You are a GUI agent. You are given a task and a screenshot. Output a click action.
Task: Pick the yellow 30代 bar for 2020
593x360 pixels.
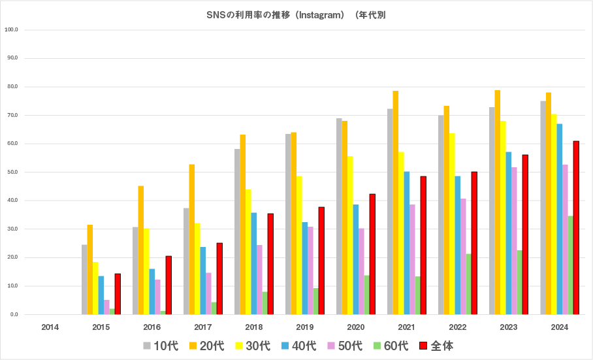pyautogui.click(x=350, y=235)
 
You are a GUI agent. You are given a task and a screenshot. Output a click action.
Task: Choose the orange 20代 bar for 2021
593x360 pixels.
pyautogui.click(x=395, y=203)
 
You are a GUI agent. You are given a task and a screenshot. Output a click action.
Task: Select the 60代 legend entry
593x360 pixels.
pyautogui.click(x=390, y=346)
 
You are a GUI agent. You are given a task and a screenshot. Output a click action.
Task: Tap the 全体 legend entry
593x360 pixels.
pyautogui.click(x=436, y=346)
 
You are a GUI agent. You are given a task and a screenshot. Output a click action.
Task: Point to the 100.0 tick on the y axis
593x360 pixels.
pyautogui.click(x=11, y=30)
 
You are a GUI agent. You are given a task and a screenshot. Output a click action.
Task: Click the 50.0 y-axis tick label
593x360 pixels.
pyautogui.click(x=11, y=172)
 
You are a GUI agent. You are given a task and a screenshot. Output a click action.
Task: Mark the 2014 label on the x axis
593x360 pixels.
pyautogui.click(x=50, y=327)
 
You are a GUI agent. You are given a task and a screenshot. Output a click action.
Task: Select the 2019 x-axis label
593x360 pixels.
pyautogui.click(x=305, y=327)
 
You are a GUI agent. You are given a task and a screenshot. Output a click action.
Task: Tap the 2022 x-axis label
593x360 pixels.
pyautogui.click(x=458, y=327)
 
